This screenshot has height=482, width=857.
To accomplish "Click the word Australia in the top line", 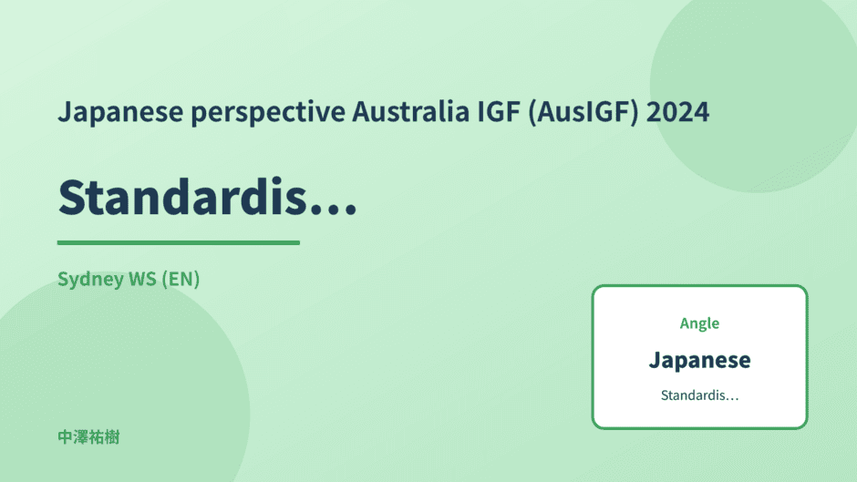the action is click(410, 111).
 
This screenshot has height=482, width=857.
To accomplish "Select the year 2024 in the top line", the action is click(677, 111).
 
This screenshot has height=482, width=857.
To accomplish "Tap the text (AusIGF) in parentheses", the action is click(583, 113).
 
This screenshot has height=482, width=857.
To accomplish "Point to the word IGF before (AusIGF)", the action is click(499, 111).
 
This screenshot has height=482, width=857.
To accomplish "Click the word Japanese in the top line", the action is click(120, 113).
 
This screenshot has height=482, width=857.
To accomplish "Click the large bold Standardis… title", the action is click(208, 197).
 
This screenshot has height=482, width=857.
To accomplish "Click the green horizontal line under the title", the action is click(179, 242).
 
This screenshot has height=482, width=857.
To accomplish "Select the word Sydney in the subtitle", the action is click(91, 280).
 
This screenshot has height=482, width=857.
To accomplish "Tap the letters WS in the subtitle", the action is click(142, 279).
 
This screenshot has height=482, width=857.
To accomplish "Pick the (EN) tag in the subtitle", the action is click(181, 279).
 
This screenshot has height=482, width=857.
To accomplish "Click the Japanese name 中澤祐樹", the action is click(88, 437).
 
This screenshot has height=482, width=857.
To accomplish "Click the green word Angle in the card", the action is click(699, 324).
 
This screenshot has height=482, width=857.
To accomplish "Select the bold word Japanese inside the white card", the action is click(699, 361).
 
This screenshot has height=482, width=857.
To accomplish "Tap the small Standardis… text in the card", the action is click(699, 395).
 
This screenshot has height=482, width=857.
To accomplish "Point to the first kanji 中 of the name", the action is click(66, 437).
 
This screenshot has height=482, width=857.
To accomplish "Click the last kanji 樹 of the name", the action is click(112, 437).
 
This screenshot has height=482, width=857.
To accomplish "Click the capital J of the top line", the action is click(65, 113).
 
